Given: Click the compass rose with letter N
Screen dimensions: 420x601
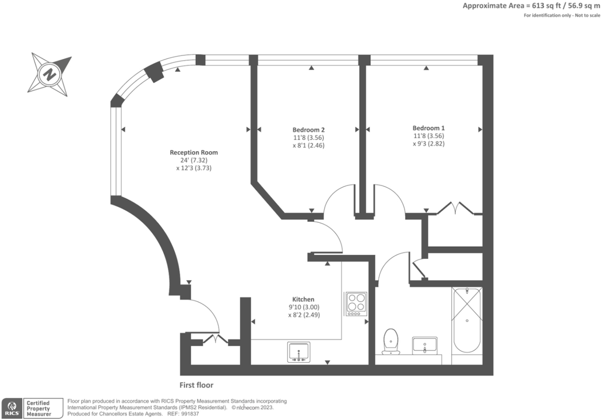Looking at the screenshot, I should [x=51, y=74].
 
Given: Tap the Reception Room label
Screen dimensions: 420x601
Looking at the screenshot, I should [x=194, y=152].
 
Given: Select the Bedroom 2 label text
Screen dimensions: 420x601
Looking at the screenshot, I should [x=308, y=129].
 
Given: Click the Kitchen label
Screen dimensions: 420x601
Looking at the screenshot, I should [x=304, y=299].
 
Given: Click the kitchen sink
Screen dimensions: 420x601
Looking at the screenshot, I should [x=299, y=352].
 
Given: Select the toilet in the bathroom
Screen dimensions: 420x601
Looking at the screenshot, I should [x=390, y=341].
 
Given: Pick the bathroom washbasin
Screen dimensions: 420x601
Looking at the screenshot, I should [x=424, y=345].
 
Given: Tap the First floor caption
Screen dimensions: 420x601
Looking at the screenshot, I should [x=197, y=385].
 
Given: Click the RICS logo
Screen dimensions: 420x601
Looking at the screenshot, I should [x=11, y=408].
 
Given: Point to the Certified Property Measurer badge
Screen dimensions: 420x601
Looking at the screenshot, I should [x=37, y=408].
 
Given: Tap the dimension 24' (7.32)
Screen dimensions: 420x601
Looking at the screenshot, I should [x=194, y=160].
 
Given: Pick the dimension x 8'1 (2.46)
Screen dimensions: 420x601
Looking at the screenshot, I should [x=308, y=145].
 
